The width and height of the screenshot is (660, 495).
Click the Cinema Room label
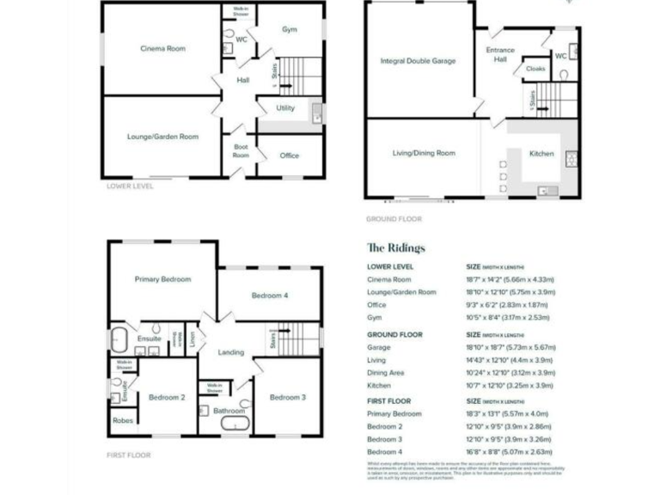[x=163, y=48]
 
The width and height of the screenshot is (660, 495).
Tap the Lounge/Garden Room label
[x=163, y=137]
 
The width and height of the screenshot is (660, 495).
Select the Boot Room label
[x=241, y=150]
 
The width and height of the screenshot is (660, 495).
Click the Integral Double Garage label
[x=418, y=61]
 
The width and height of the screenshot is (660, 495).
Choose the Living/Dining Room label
[x=424, y=153]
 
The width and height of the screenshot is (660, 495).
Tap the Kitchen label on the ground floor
[x=541, y=153]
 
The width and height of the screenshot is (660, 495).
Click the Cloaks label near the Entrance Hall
[x=535, y=69]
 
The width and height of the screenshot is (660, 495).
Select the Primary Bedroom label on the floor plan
[x=162, y=279]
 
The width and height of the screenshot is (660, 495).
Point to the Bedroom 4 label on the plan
[x=269, y=296]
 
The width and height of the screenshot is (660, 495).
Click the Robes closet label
[x=121, y=421]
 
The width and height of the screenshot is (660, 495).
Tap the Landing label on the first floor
[x=231, y=352]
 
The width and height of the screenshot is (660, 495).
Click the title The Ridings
[x=395, y=248]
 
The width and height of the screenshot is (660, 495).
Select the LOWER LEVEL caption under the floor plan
[x=130, y=186]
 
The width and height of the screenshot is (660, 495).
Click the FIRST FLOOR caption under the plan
[x=129, y=455]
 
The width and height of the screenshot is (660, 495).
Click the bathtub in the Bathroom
[x=230, y=425]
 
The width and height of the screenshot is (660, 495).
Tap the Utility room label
[x=285, y=108]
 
